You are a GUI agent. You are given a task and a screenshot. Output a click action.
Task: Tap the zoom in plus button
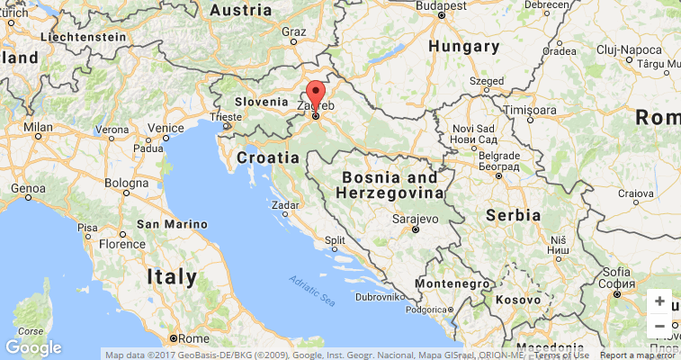pos(659,301)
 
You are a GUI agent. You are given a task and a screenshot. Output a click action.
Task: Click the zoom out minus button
pos(659,326)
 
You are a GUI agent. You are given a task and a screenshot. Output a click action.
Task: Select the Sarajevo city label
pos(415,219)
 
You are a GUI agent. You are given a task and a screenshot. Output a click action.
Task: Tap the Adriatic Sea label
pos(312,291)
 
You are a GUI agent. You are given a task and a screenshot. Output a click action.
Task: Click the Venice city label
pos(166,129)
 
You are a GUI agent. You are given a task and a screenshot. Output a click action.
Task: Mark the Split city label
pos(335,240)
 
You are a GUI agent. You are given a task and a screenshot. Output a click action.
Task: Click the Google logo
pos(33,347)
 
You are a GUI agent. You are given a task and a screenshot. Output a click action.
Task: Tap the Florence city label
pos(121,244)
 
